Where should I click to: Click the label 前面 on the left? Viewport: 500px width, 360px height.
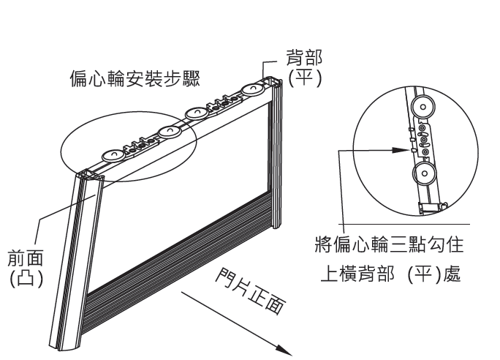(24, 259)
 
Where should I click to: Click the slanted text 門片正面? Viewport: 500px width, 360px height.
(249, 290)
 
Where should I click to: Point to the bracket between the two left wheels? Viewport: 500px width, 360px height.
(140, 143)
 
